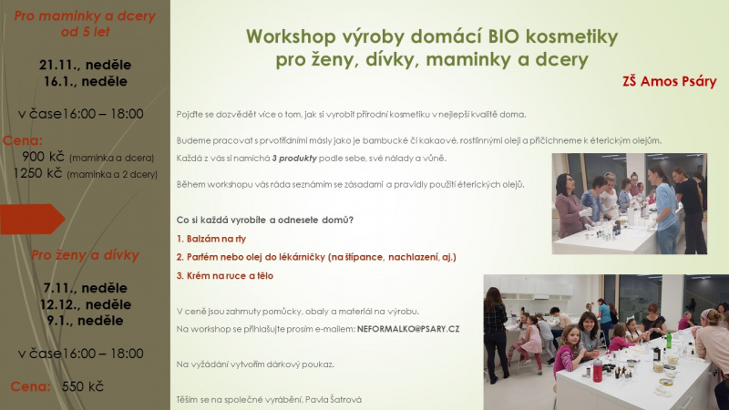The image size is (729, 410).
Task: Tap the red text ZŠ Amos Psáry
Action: (x=670, y=81)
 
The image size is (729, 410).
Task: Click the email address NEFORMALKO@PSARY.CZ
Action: (x=408, y=329)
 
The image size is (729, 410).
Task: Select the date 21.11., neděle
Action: (x=85, y=65)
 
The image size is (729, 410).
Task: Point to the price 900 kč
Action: (x=43, y=157)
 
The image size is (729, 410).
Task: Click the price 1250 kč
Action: (x=37, y=173)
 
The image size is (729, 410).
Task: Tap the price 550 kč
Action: (x=83, y=386)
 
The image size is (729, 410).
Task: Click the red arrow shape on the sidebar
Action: (x=32, y=219)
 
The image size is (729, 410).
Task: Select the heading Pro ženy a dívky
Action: (x=85, y=255)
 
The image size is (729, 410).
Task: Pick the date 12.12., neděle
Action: (x=85, y=304)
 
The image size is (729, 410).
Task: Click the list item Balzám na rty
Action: (x=211, y=239)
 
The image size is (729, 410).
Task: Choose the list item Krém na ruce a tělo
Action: (x=224, y=276)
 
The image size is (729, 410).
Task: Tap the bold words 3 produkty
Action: (x=294, y=158)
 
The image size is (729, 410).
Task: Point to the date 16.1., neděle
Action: (x=85, y=81)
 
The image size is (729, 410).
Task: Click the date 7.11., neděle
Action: (x=85, y=288)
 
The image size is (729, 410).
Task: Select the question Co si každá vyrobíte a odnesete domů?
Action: (x=265, y=220)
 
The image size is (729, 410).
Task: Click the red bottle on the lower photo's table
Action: (x=598, y=371)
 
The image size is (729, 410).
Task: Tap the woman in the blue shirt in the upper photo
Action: (x=666, y=210)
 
